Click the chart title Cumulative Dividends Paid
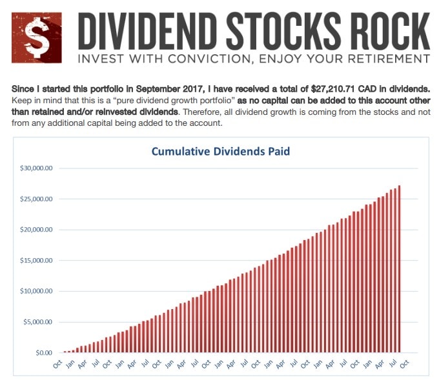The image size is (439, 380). click(221, 152)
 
